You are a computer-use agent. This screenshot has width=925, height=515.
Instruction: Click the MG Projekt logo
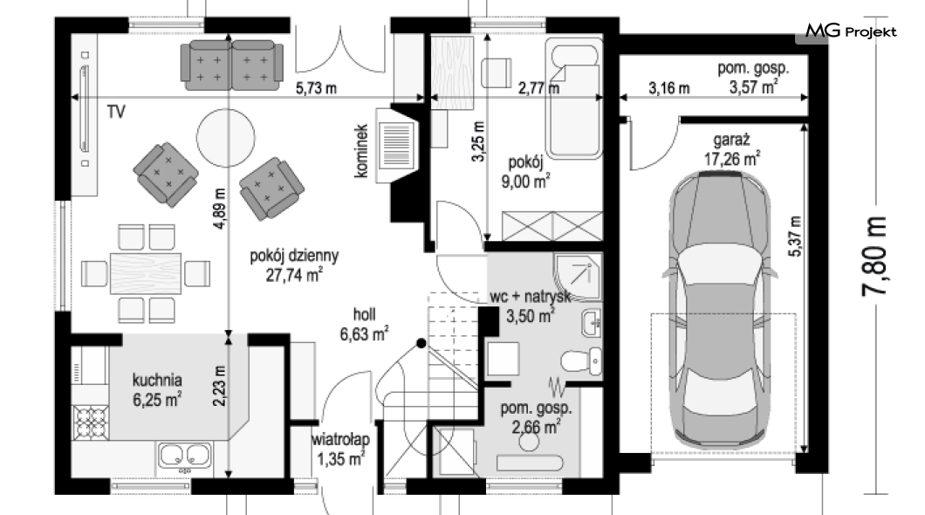coord(851,31)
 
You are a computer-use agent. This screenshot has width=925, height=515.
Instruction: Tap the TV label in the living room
coord(116,112)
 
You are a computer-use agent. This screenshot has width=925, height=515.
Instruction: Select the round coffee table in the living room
coord(226,138)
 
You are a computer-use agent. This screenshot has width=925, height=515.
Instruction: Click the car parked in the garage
coord(720,308)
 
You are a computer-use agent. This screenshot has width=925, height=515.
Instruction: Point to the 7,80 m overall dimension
coord(874,256)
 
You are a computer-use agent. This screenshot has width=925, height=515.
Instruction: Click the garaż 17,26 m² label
coord(731,149)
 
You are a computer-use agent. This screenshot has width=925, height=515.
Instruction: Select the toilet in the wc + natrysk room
coord(582,361)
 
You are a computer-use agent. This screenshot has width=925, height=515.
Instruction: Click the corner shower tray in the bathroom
coord(578,278)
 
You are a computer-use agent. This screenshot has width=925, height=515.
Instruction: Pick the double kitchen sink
coord(184,455)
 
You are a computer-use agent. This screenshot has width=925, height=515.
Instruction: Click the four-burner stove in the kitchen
coord(91,422)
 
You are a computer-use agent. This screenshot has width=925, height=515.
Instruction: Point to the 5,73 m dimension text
coord(316,88)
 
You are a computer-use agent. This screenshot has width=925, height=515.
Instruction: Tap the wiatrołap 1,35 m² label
coord(340,449)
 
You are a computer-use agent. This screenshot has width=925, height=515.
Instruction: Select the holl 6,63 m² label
coord(364,325)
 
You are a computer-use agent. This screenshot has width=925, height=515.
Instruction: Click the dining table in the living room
coord(146,274)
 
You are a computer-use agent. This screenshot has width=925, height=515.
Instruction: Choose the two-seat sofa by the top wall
coord(232,65)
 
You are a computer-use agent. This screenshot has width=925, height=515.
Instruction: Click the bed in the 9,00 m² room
coord(573,99)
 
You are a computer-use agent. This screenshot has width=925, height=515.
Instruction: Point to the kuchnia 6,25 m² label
coord(157,389)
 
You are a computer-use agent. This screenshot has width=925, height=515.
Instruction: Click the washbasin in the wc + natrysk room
coord(591,323)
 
